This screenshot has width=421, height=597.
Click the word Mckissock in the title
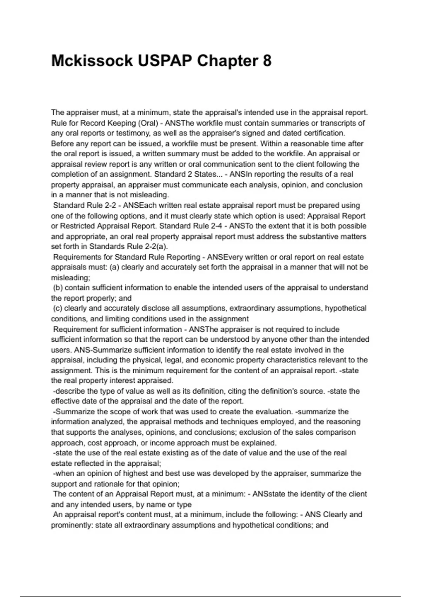(x=92, y=61)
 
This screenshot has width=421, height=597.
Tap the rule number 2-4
(x=217, y=226)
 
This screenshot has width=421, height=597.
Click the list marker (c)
(x=58, y=308)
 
